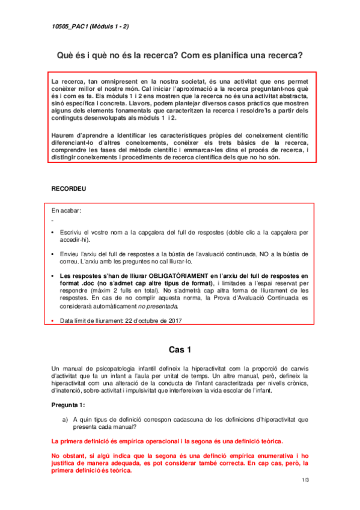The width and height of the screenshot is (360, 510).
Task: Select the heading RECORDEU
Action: (69, 189)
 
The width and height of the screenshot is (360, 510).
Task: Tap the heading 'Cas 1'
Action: (180, 349)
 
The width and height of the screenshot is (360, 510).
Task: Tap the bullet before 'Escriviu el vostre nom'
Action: (54, 232)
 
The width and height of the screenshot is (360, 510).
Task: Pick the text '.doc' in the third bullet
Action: (81, 283)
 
